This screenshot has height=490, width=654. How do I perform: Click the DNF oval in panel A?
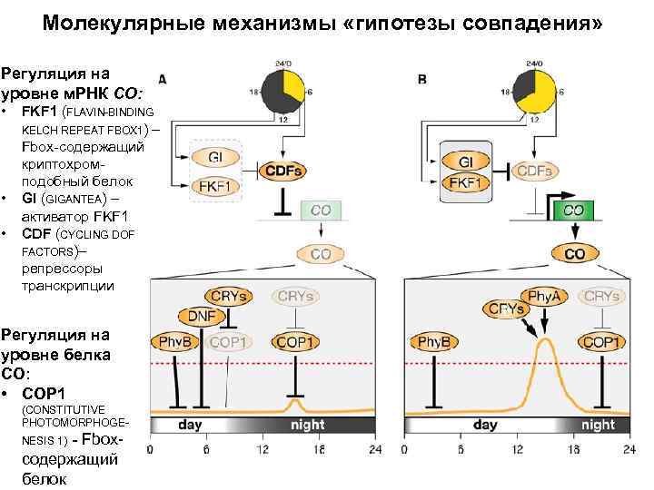tap(202, 315)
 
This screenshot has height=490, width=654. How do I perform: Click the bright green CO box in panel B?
tap(574, 210)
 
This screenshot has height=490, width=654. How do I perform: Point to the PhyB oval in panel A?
tap(176, 342)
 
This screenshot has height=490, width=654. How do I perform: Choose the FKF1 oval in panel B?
tap(465, 182)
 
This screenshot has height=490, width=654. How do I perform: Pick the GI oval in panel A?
tap(215, 158)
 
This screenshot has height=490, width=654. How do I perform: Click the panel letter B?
tap(422, 81)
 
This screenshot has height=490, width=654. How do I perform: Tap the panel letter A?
tap(162, 80)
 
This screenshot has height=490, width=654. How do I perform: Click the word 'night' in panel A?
tap(307, 424)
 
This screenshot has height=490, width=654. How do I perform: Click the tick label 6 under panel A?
tap(207, 449)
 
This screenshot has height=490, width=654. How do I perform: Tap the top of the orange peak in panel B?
tap(545, 339)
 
